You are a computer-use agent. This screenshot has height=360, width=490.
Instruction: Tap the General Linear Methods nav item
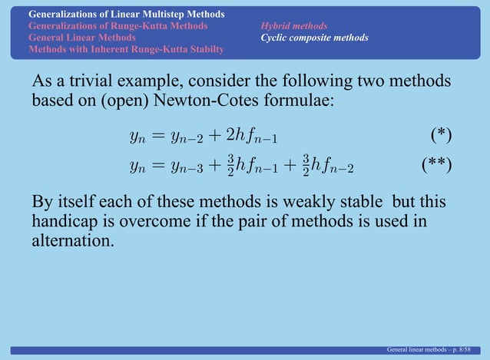(82, 37)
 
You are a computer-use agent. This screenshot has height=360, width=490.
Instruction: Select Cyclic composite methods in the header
(314, 38)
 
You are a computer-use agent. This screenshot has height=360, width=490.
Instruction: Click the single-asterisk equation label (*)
(440, 137)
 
